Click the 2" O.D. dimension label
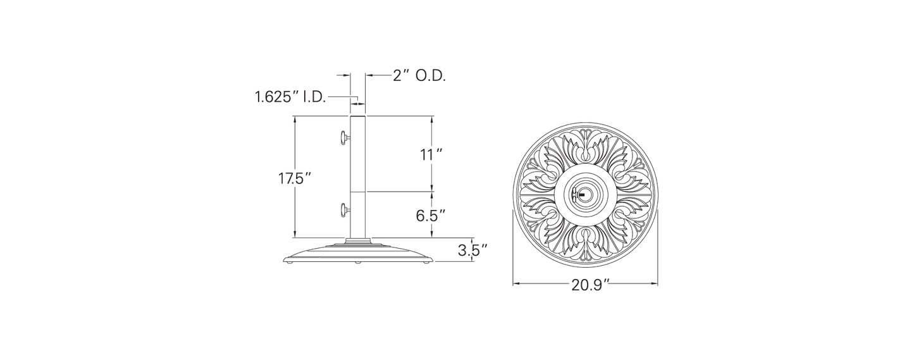click(x=419, y=76)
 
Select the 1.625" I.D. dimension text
click(x=290, y=97)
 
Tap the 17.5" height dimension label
click(x=295, y=178)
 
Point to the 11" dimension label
click(x=432, y=155)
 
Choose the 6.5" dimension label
click(x=431, y=215)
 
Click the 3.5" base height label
click(x=472, y=250)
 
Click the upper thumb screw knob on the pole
click(x=343, y=138)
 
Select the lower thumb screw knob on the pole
click(x=343, y=210)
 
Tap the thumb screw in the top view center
click(x=577, y=195)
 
